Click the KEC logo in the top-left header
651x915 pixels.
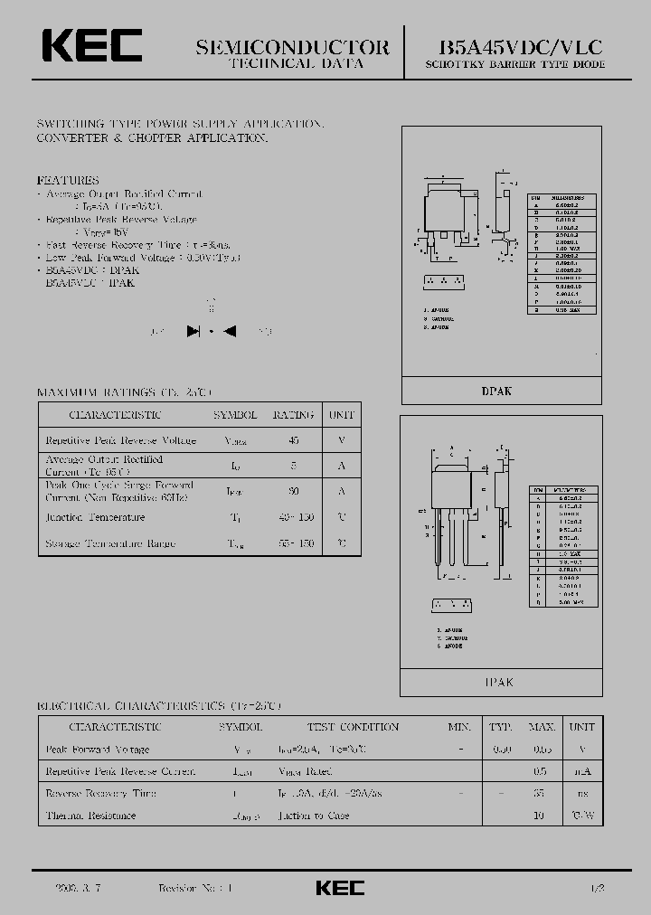pos(90,47)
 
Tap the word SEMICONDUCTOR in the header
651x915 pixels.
pos(293,47)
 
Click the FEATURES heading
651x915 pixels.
pos(68,180)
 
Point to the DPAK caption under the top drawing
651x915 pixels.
pos(496,391)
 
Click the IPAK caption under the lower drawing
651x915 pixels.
pos(497,683)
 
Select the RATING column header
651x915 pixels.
pos(293,415)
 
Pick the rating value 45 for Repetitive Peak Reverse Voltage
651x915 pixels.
pos(293,440)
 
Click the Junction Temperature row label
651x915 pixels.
pos(95,517)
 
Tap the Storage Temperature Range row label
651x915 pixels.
pos(110,543)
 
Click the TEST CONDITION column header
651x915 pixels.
pos(353,727)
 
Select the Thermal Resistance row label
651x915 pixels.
pos(90,816)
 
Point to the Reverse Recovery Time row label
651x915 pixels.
pos(100,793)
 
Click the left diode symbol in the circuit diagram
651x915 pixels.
pos(193,331)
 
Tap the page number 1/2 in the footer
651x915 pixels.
pos(598,889)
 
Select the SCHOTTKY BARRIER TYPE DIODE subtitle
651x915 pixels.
pos(515,65)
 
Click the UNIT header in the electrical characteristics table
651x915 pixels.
pos(582,727)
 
